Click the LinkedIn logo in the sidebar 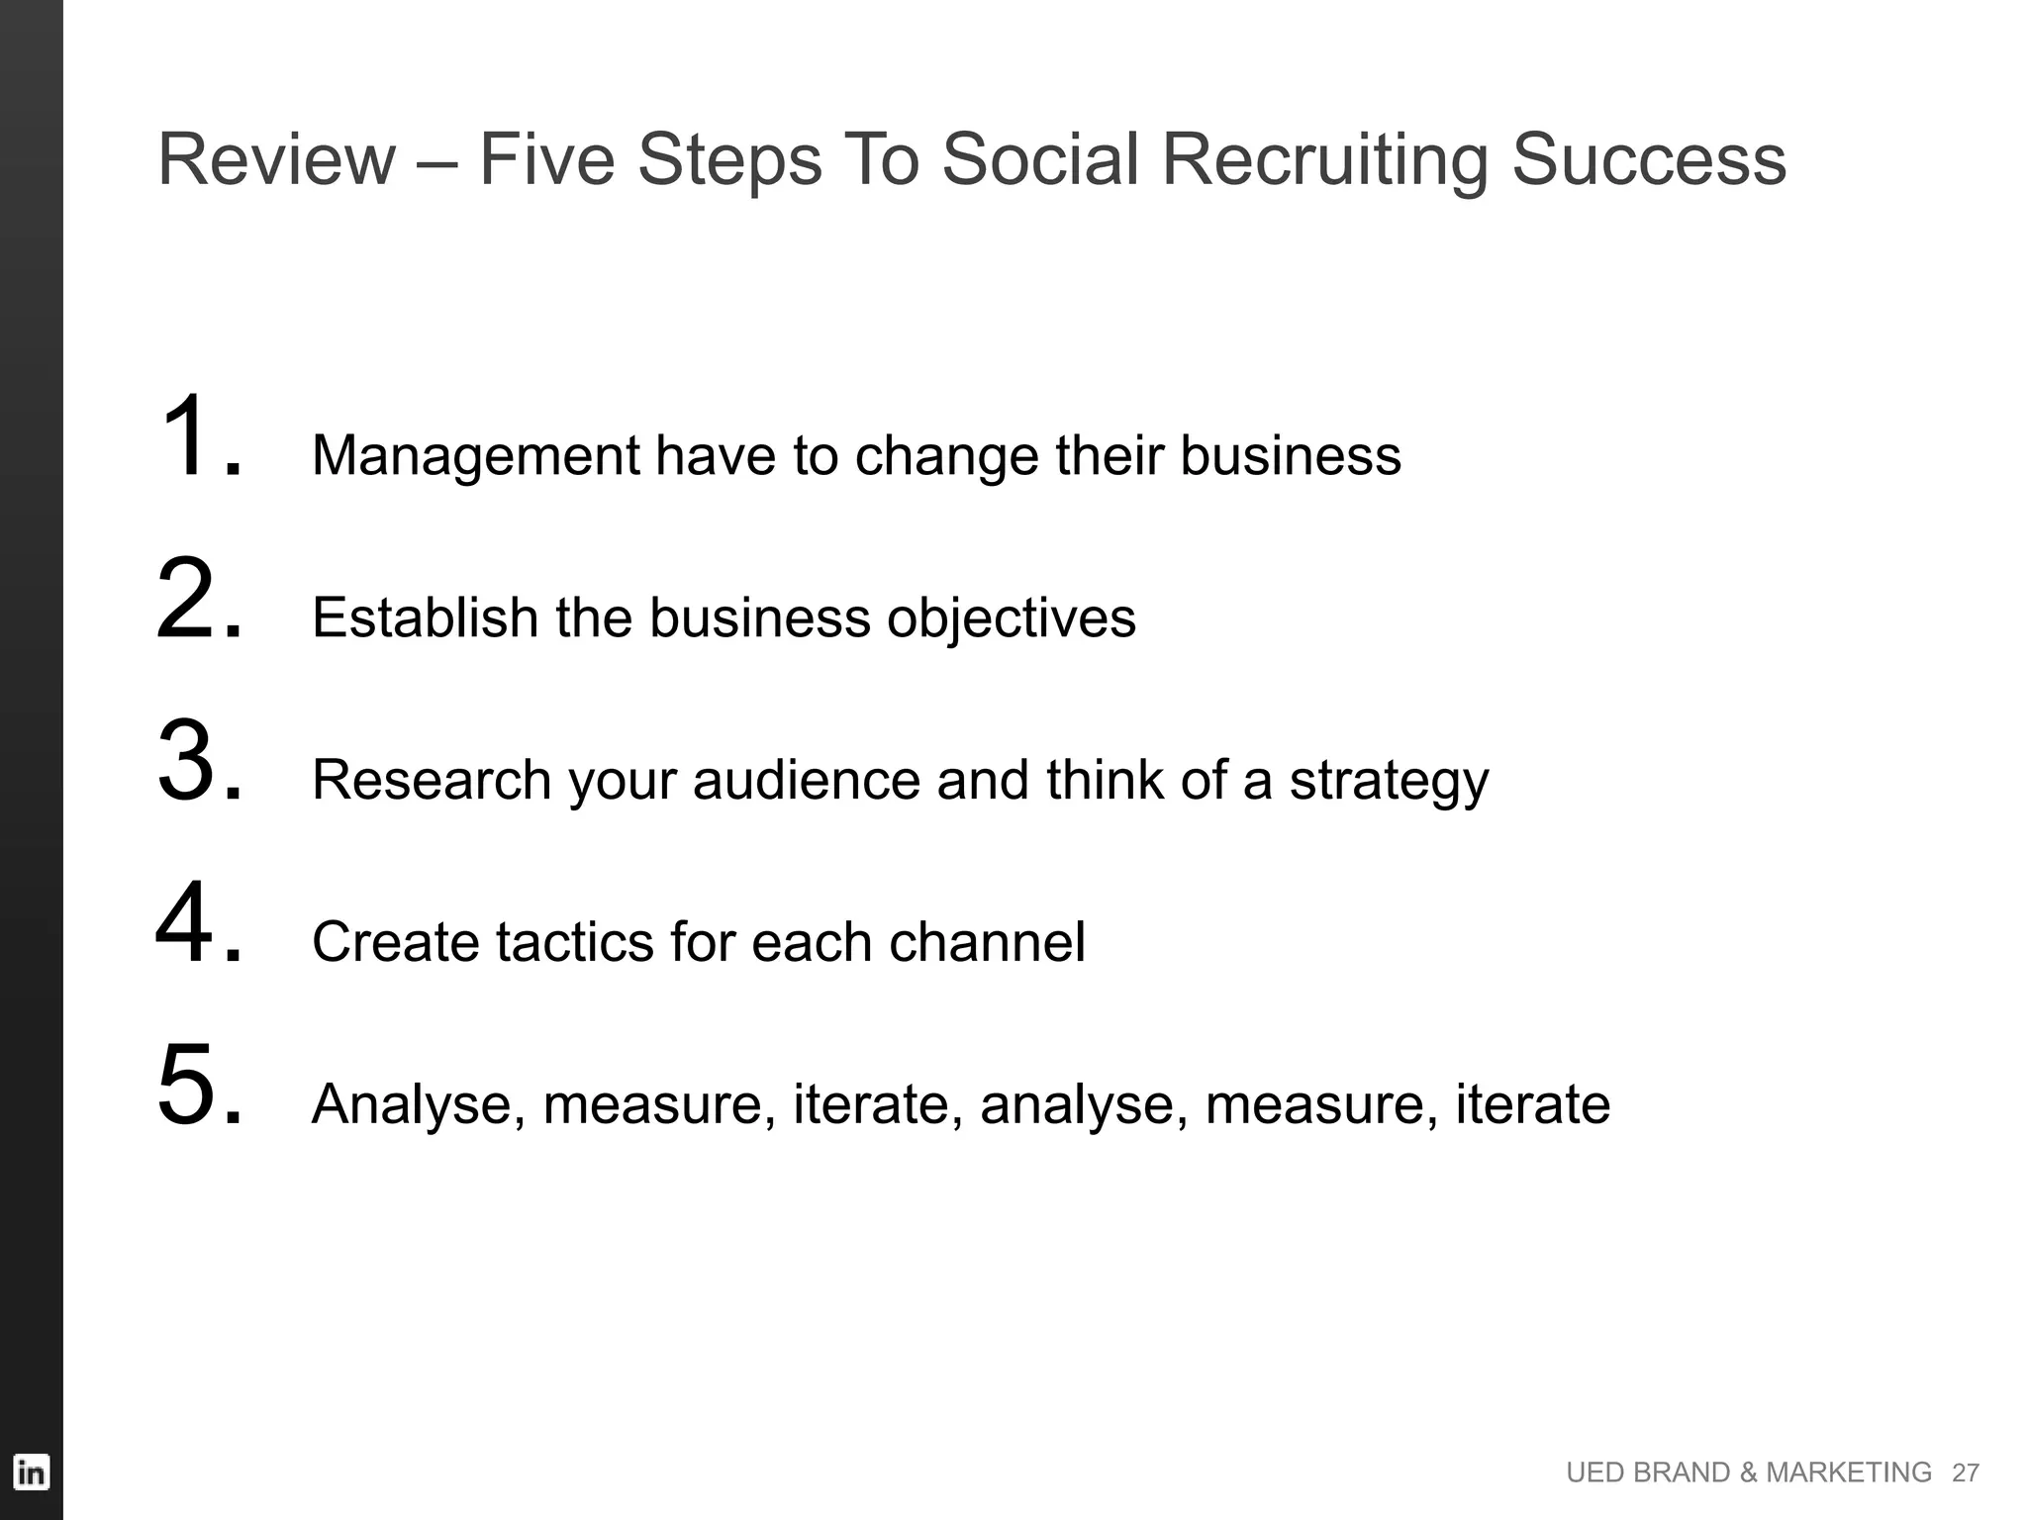point(31,1472)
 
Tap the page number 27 point(1965,1473)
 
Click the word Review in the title point(276,159)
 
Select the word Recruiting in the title point(1324,159)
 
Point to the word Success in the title point(1649,159)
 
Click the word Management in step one point(475,456)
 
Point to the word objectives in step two point(1011,618)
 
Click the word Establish point(425,618)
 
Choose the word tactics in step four point(574,942)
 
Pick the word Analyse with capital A point(418,1104)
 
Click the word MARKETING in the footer point(1849,1473)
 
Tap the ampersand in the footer point(1748,1473)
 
